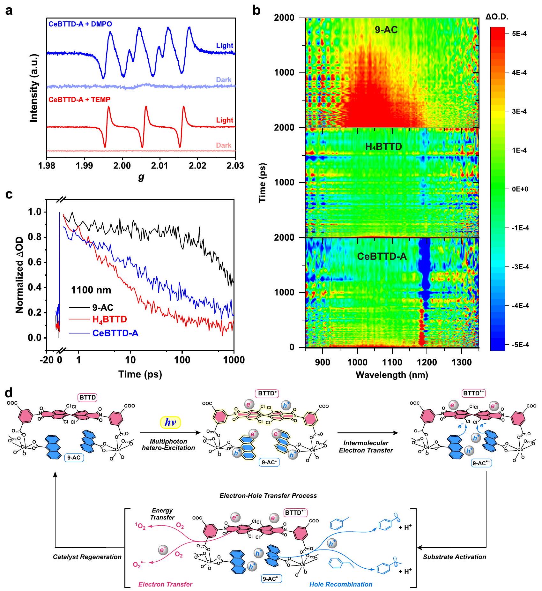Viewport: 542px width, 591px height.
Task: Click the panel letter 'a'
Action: [9, 11]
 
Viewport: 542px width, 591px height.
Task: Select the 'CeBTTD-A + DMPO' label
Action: [80, 24]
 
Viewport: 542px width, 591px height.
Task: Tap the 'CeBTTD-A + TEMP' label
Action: [79, 100]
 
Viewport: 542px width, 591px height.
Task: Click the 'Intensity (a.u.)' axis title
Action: [34, 88]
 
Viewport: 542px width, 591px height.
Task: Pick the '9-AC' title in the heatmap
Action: [386, 30]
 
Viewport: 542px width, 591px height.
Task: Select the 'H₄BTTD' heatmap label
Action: [383, 147]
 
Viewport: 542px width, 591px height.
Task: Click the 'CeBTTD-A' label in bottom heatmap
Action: [382, 256]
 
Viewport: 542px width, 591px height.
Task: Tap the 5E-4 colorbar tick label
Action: [519, 34]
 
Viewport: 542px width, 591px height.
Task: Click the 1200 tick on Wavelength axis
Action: [427, 362]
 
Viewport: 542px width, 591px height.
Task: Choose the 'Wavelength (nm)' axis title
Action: [392, 375]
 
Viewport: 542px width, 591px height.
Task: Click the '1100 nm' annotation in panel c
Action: [91, 290]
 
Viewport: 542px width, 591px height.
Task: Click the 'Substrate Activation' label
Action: [455, 557]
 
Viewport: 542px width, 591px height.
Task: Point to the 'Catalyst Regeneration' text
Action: [87, 557]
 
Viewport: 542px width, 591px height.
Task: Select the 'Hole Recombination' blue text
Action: [341, 584]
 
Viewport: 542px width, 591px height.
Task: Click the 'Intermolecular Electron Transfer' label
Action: [366, 446]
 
